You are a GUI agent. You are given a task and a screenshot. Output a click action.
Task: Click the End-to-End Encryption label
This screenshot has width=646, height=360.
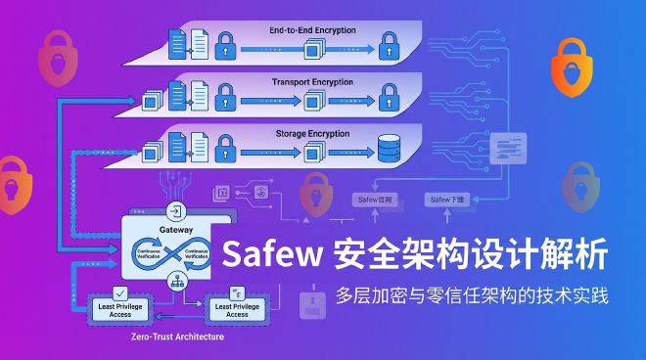coord(312,30)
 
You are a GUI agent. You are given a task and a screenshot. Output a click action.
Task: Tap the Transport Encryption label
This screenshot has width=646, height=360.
coord(312,81)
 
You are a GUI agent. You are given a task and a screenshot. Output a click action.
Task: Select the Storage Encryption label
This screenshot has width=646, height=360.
coord(312,131)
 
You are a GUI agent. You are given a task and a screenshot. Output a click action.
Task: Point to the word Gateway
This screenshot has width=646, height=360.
coord(176,230)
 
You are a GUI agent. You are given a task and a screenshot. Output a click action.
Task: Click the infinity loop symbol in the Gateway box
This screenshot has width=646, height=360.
coord(177,254)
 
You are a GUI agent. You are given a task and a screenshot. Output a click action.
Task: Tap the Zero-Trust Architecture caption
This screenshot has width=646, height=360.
coord(177,337)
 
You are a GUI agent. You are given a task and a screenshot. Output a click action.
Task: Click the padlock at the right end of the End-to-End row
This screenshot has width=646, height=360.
coord(390,43)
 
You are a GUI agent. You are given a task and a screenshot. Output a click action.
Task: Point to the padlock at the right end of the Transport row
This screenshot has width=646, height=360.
coord(390,96)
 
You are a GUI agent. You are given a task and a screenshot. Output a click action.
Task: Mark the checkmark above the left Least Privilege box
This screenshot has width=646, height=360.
coord(121,292)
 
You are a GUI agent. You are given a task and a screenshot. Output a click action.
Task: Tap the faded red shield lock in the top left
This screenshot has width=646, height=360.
coord(56,59)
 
